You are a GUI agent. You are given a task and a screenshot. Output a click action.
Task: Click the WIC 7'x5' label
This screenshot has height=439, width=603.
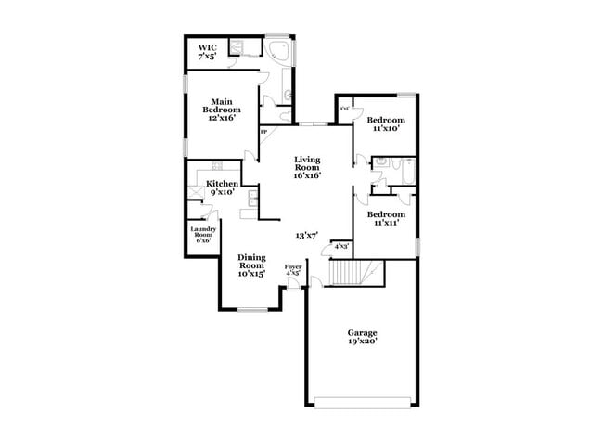click(206, 52)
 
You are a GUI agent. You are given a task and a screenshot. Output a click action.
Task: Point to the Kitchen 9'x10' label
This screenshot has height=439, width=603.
click(223, 187)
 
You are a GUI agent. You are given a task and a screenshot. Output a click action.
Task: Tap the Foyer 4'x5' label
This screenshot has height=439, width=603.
click(293, 270)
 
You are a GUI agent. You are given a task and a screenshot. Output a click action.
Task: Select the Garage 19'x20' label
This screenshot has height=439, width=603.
click(363, 336)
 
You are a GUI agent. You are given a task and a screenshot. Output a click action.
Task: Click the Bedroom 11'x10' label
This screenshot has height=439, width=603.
click(386, 124)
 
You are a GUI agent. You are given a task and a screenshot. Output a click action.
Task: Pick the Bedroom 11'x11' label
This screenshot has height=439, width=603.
click(387, 219)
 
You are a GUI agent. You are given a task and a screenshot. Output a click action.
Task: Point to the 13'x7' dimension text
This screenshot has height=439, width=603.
click(307, 236)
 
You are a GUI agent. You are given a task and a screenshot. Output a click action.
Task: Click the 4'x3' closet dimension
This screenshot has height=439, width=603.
click(341, 246)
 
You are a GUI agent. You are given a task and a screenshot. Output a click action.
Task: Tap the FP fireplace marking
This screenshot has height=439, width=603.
click(263, 132)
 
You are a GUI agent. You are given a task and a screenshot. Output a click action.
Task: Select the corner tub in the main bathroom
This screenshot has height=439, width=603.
click(277, 50)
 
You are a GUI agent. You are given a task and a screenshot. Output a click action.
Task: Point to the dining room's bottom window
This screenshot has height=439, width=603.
click(252, 309)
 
